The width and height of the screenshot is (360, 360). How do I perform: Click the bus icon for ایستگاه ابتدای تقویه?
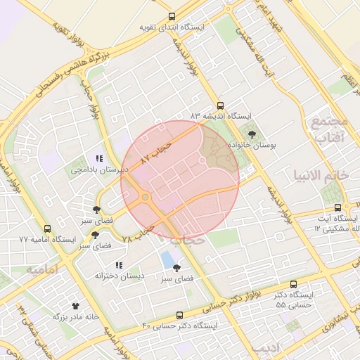pyautogui.click(x=172, y=17)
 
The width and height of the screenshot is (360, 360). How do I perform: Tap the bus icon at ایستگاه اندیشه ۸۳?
pyautogui.click(x=221, y=103)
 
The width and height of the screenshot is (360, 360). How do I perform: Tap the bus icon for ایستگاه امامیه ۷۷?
pyautogui.click(x=47, y=229)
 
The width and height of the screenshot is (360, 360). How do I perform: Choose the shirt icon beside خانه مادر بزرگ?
pyautogui.click(x=76, y=306)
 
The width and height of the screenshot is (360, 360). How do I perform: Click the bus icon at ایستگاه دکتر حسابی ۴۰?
pyautogui.click(x=180, y=315)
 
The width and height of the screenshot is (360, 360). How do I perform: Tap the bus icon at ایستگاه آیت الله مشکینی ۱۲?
pyautogui.click(x=338, y=207)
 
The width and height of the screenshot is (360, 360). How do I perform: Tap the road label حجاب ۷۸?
pyautogui.click(x=138, y=234)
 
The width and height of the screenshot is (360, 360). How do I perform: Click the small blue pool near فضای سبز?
pyautogui.click(x=169, y=259)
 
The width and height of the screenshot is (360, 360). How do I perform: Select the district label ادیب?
pyautogui.click(x=285, y=348)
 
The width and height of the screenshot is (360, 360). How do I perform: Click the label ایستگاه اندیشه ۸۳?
pyautogui.click(x=220, y=115)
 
